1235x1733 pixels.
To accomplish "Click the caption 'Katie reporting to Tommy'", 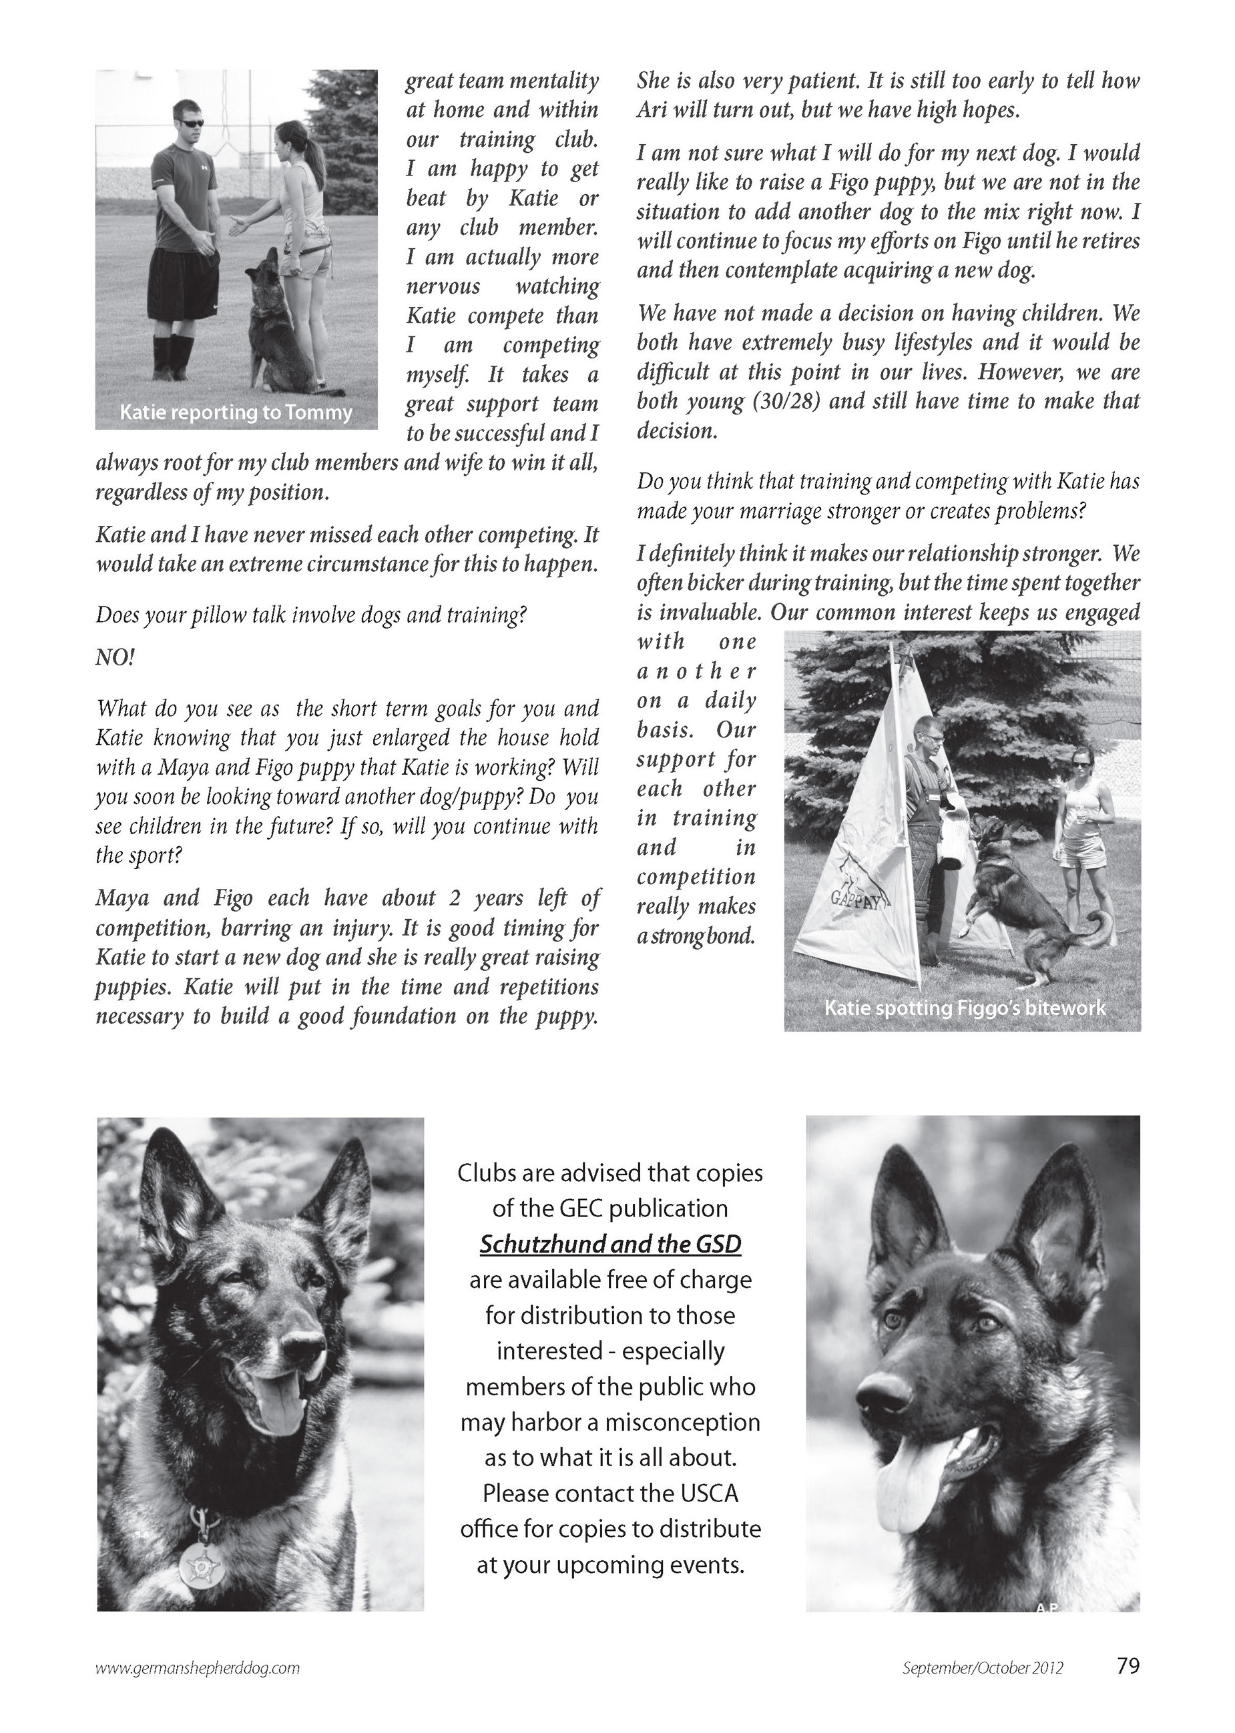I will (236, 412).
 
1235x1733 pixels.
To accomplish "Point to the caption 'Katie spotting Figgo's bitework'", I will (964, 1008).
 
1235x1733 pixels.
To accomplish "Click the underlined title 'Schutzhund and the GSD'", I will (610, 1245).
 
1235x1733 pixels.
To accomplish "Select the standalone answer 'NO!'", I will (115, 657).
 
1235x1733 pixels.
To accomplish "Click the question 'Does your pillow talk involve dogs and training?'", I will (311, 615).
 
